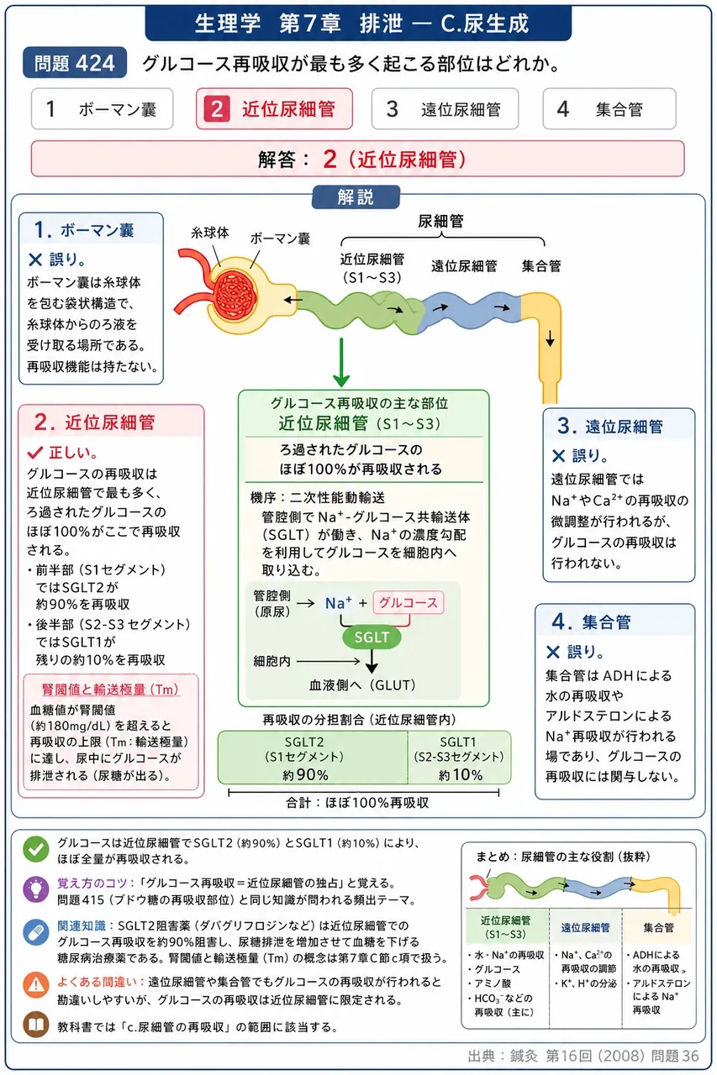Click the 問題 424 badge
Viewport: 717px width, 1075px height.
75,63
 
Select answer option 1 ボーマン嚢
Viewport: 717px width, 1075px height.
103,109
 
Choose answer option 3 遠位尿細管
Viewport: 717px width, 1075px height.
445,109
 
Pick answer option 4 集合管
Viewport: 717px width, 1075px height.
609,109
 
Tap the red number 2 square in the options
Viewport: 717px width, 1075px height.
217,109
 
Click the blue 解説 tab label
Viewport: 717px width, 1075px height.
356,197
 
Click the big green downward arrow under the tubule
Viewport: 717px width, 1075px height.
341,362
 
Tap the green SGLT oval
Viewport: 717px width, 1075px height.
372,637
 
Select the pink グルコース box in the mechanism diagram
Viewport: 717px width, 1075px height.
409,603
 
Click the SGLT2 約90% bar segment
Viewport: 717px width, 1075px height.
313,758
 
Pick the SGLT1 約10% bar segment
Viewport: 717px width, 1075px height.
460,758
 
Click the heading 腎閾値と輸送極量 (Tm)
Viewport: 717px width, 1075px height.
110,690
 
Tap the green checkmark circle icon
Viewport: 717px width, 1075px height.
36,849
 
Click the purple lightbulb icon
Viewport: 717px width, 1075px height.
36,889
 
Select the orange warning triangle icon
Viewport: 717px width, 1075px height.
36,985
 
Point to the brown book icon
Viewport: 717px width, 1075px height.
36,1025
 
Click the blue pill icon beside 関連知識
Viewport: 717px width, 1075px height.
36,932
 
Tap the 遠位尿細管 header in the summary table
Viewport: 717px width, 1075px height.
585,927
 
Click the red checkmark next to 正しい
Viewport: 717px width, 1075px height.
35,452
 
